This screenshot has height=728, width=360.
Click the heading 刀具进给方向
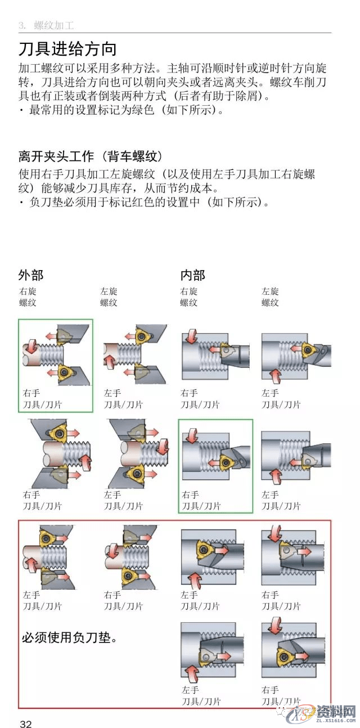[67, 49]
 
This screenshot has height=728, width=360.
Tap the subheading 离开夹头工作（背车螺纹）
[91, 156]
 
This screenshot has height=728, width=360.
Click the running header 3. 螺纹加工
[46, 25]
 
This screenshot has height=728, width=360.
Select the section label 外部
[30, 275]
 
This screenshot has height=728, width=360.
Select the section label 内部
[192, 275]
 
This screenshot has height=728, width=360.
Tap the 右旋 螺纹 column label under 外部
[28, 296]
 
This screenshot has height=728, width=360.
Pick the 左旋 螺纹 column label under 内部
[270, 296]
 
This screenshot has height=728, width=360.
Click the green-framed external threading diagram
[55, 354]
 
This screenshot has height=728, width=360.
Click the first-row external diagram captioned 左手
[135, 354]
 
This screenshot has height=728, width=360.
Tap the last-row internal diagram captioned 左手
[213, 653]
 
